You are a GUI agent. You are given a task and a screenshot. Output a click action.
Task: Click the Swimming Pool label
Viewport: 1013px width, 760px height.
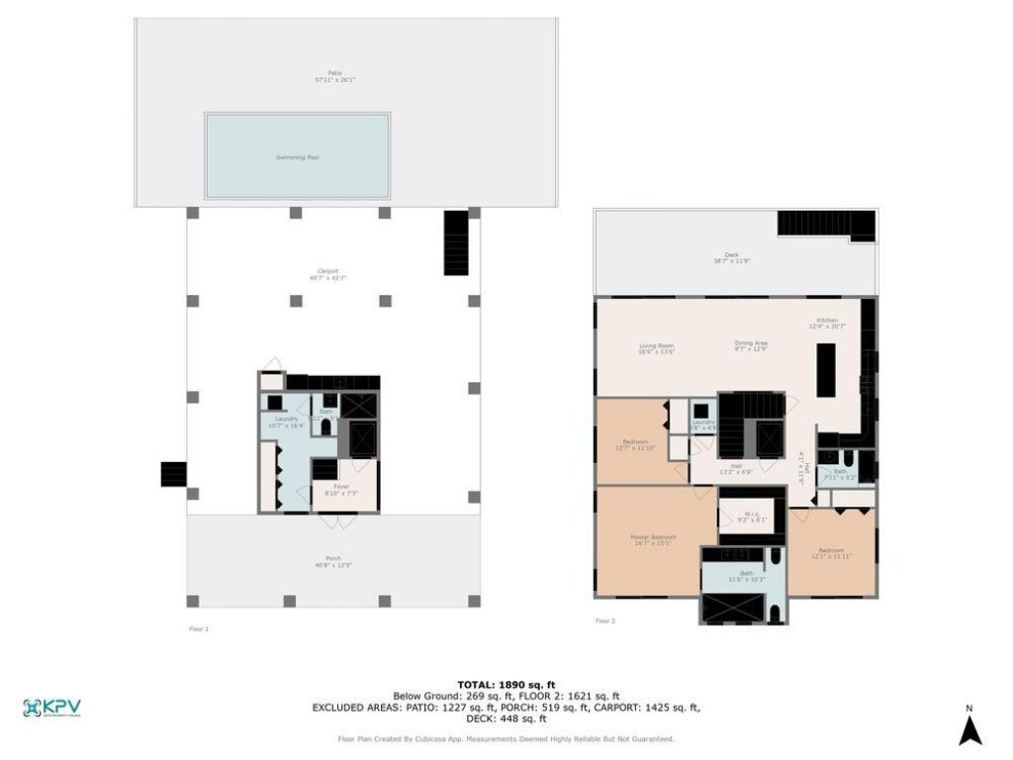(x=297, y=157)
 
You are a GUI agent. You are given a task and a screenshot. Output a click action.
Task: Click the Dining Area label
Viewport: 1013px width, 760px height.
(x=751, y=345)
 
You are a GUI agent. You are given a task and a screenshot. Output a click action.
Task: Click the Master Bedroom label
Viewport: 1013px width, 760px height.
(x=653, y=540)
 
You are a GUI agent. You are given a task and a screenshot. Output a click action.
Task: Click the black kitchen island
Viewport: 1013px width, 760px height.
(x=825, y=369)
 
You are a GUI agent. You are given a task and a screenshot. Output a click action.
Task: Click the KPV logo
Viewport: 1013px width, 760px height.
(x=51, y=709)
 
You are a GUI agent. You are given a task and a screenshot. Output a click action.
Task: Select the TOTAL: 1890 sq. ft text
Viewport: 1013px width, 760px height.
(x=506, y=684)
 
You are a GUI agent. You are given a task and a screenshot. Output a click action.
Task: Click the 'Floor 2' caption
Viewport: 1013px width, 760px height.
(x=604, y=620)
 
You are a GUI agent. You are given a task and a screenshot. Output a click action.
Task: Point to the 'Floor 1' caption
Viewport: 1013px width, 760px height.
(x=198, y=628)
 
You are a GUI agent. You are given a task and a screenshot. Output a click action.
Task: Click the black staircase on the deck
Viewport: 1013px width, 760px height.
(x=827, y=225)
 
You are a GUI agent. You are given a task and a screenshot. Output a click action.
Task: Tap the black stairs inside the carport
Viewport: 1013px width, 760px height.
(x=456, y=241)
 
